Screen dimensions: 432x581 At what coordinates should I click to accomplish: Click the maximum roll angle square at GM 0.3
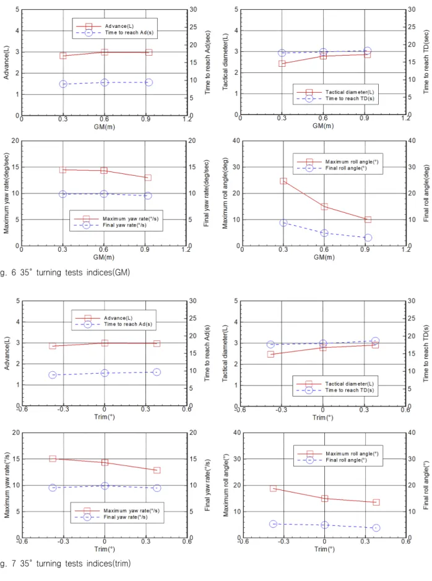tap(283, 181)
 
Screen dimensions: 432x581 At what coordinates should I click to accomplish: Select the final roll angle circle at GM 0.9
tap(368, 238)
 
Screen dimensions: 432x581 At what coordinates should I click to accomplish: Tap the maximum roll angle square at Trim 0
tap(324, 498)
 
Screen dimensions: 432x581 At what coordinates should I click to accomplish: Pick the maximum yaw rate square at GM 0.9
tap(148, 178)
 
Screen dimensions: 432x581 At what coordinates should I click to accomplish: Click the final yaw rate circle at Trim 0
tap(105, 485)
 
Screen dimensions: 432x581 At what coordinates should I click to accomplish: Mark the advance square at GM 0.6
tap(105, 52)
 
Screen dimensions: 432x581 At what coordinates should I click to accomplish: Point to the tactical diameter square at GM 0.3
tap(282, 63)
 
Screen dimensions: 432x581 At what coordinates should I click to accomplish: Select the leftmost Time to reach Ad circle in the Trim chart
tap(53, 374)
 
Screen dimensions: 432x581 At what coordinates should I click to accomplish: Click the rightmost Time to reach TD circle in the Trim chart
tap(375, 340)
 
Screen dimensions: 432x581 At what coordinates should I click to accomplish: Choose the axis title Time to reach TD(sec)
tap(426, 62)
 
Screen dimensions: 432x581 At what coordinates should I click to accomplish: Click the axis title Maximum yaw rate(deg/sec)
tap(6, 193)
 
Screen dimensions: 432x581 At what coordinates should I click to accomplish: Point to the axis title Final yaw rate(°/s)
tap(207, 485)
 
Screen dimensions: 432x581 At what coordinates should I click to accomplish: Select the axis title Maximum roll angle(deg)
tap(225, 193)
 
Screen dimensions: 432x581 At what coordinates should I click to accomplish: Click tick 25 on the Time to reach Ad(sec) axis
tap(193, 27)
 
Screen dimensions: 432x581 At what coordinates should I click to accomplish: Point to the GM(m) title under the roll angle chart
tap(324, 257)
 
